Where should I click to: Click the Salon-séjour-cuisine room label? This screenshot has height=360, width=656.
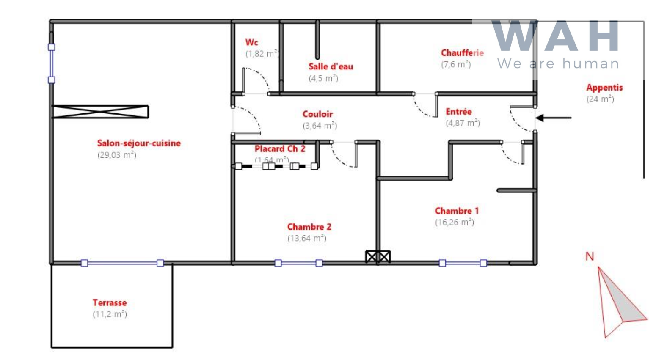point(139,143)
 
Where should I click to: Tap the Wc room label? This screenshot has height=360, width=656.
point(251,42)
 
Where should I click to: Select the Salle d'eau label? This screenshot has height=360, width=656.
point(331,66)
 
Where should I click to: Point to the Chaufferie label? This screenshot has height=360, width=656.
point(462,53)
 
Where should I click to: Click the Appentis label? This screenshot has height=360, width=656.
point(604,88)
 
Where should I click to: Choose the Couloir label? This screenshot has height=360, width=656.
point(317,114)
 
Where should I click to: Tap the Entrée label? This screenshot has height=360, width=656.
point(458,112)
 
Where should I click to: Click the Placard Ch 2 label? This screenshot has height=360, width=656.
point(280,149)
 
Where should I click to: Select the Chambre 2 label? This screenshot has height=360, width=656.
point(309,227)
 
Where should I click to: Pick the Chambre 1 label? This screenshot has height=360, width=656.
point(457,211)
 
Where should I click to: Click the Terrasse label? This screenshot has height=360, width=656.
point(110,302)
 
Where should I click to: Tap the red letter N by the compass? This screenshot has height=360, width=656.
point(590,256)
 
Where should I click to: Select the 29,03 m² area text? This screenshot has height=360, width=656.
point(117,155)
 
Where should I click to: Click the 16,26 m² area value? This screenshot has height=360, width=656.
point(455,223)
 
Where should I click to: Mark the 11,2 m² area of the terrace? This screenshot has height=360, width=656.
point(110,314)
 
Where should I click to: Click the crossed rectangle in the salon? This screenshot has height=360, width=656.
point(100,112)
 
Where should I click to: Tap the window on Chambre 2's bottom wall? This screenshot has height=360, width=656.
point(298,263)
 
